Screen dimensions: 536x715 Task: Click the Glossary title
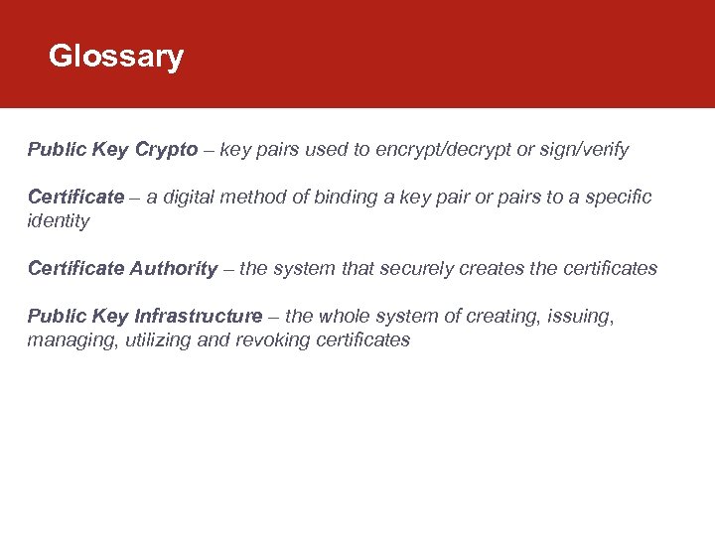(116, 56)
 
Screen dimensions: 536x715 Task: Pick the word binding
(342, 198)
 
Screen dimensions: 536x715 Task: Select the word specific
(619, 198)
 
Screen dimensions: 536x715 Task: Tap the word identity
(59, 221)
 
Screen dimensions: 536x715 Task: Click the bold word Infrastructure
(199, 317)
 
